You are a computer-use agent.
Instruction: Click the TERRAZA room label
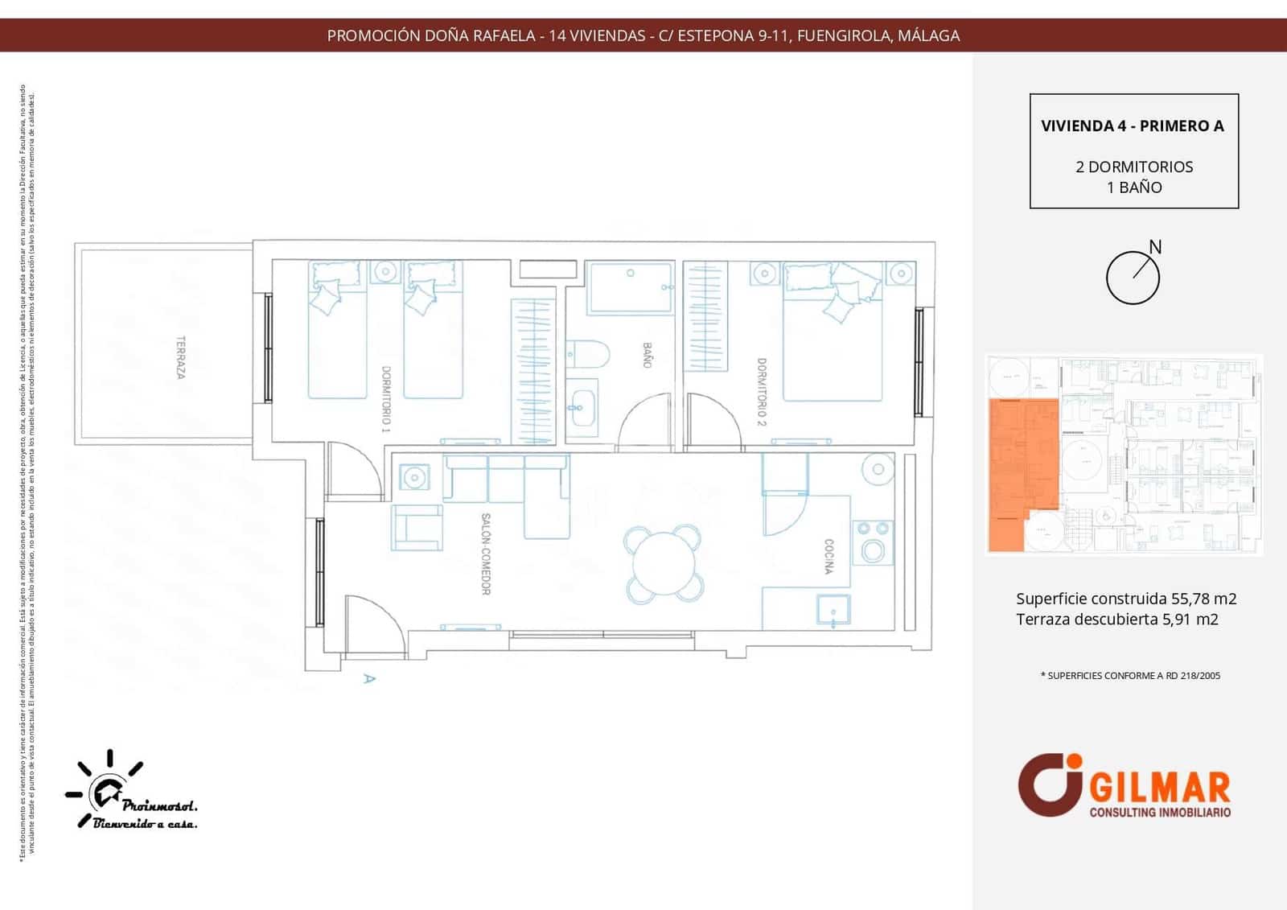pyautogui.click(x=181, y=357)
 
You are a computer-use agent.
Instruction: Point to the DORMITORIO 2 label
pyautogui.click(x=761, y=392)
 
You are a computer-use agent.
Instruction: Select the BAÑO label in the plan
pyautogui.click(x=647, y=355)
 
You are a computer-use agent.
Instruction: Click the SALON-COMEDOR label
pyautogui.click(x=486, y=554)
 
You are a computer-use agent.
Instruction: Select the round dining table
pyautogui.click(x=664, y=563)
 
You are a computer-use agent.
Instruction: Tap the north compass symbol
pyautogui.click(x=1133, y=277)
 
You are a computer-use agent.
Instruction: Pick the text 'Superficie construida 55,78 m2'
pyautogui.click(x=1126, y=599)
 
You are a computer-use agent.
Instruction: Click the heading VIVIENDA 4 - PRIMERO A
pyautogui.click(x=1133, y=126)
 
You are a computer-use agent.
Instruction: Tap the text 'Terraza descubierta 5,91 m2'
pyautogui.click(x=1116, y=620)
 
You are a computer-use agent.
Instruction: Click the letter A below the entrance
pyautogui.click(x=369, y=678)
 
